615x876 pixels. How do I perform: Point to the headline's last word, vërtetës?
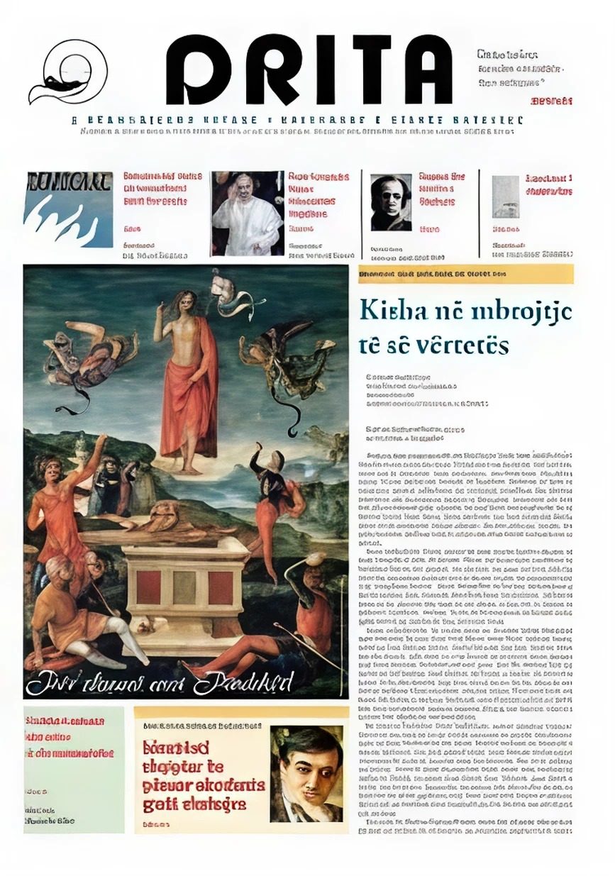coord(464,345)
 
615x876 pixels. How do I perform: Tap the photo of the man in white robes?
coord(247,213)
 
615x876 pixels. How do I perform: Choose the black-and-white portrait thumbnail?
coord(391,202)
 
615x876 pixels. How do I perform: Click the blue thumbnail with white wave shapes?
coord(68,210)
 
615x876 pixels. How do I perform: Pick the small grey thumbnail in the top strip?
coord(506,196)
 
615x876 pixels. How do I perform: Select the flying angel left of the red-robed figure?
coord(89,355)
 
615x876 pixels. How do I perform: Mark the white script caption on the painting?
coord(160,682)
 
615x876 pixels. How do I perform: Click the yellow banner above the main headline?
coord(465,273)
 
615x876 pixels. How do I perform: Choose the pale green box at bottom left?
coord(73,769)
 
